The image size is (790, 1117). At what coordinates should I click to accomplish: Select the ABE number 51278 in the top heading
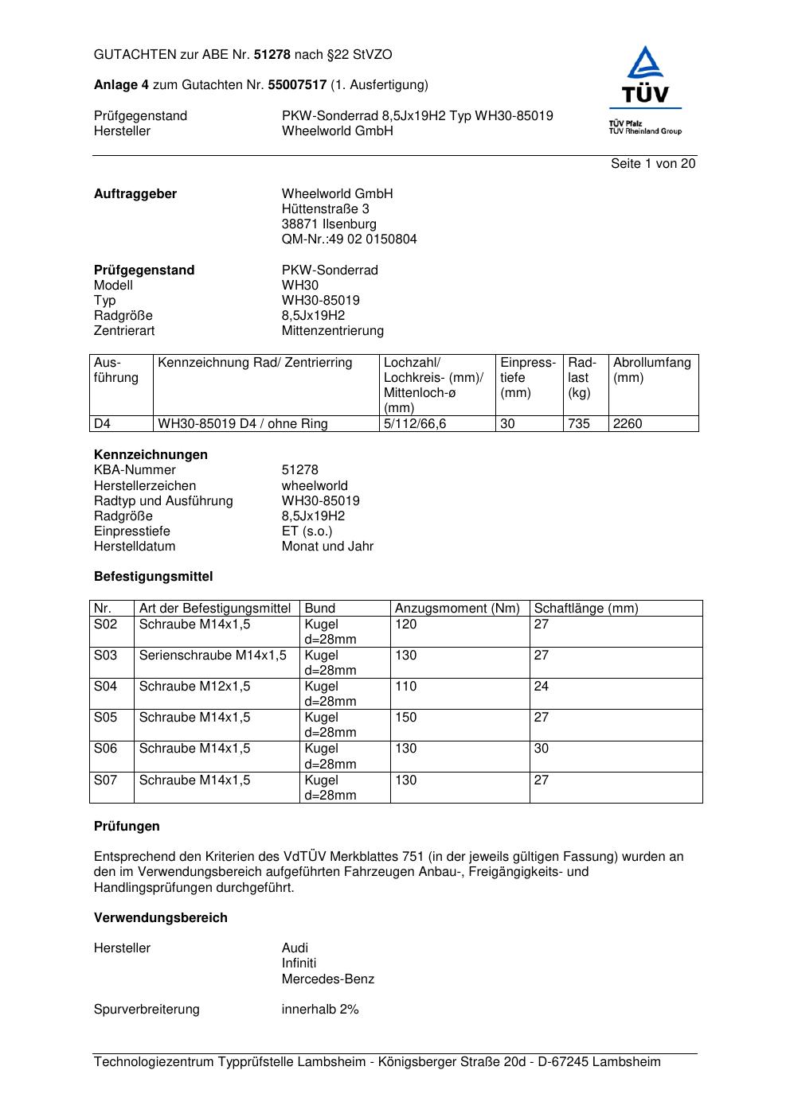click(272, 55)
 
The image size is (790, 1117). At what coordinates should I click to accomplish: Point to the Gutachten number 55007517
click(297, 85)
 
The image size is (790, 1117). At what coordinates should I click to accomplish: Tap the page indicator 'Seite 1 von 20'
click(653, 164)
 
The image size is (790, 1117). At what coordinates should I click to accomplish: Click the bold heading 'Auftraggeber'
click(135, 194)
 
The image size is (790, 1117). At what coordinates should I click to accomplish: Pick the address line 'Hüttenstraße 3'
click(325, 209)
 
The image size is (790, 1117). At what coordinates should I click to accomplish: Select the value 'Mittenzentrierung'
click(332, 331)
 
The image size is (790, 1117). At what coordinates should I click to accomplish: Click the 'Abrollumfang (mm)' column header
click(651, 370)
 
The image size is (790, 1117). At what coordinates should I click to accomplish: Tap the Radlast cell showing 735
click(579, 424)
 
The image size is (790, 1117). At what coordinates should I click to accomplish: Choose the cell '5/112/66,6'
click(415, 424)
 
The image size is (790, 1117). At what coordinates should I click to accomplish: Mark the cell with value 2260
click(628, 424)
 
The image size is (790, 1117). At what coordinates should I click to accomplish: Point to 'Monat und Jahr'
click(327, 547)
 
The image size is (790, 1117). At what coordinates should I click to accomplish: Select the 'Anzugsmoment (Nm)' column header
click(457, 609)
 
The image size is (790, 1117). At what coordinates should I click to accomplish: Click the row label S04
click(105, 687)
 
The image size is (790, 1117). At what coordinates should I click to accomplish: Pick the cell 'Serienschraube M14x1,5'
click(213, 656)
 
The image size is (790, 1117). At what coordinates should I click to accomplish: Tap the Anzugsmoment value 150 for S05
click(406, 718)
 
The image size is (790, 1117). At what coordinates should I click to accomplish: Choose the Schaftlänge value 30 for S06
click(542, 749)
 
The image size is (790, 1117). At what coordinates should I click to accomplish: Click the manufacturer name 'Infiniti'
click(299, 963)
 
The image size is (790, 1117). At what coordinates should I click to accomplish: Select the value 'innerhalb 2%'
click(320, 1010)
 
